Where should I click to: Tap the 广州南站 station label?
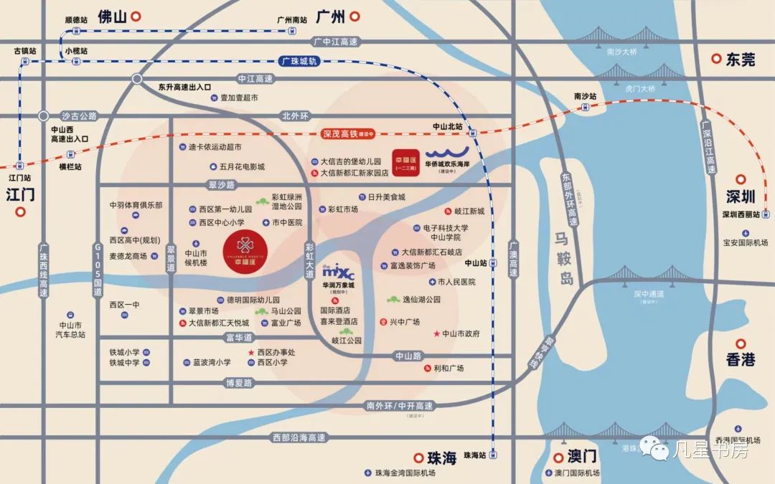(x=293, y=20)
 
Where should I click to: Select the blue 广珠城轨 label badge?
(x=297, y=62)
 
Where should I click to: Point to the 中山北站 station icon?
(x=471, y=133)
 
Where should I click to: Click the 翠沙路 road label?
(x=221, y=185)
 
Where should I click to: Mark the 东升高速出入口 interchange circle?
(x=137, y=78)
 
